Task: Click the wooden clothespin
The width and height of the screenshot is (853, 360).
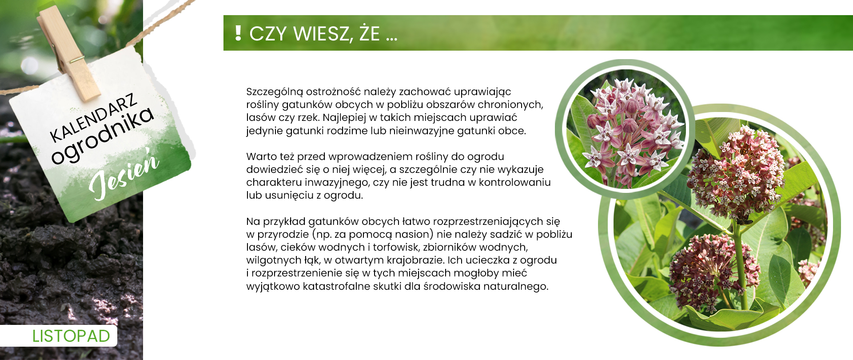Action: [x=69, y=53]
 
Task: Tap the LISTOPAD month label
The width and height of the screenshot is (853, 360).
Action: [x=71, y=336]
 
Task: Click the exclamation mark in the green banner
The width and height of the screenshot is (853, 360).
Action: [x=238, y=33]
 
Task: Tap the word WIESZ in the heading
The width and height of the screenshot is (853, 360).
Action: [x=322, y=34]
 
